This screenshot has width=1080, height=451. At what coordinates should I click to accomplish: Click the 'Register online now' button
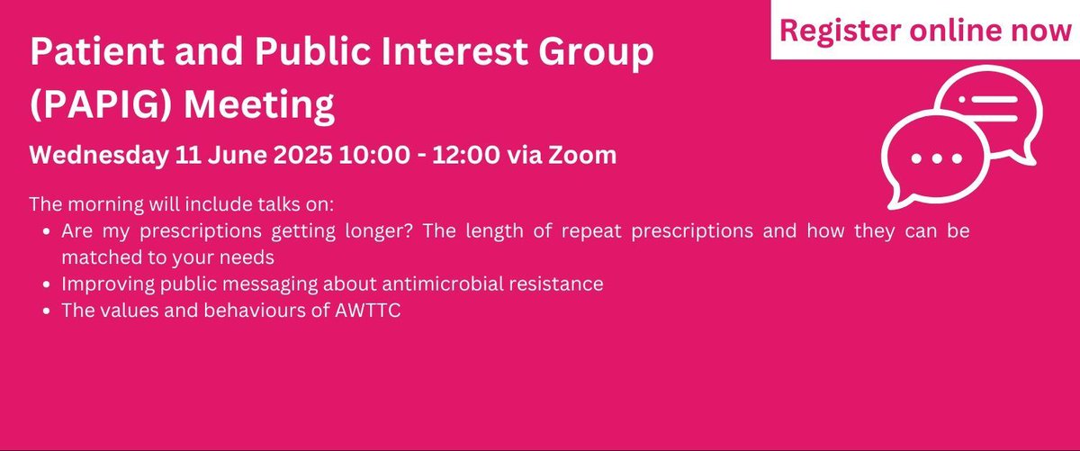925,29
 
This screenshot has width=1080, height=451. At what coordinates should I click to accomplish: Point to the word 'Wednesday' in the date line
98,155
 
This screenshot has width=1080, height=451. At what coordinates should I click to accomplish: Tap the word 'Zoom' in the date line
582,155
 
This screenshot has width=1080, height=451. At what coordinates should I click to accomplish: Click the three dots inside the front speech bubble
937,158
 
